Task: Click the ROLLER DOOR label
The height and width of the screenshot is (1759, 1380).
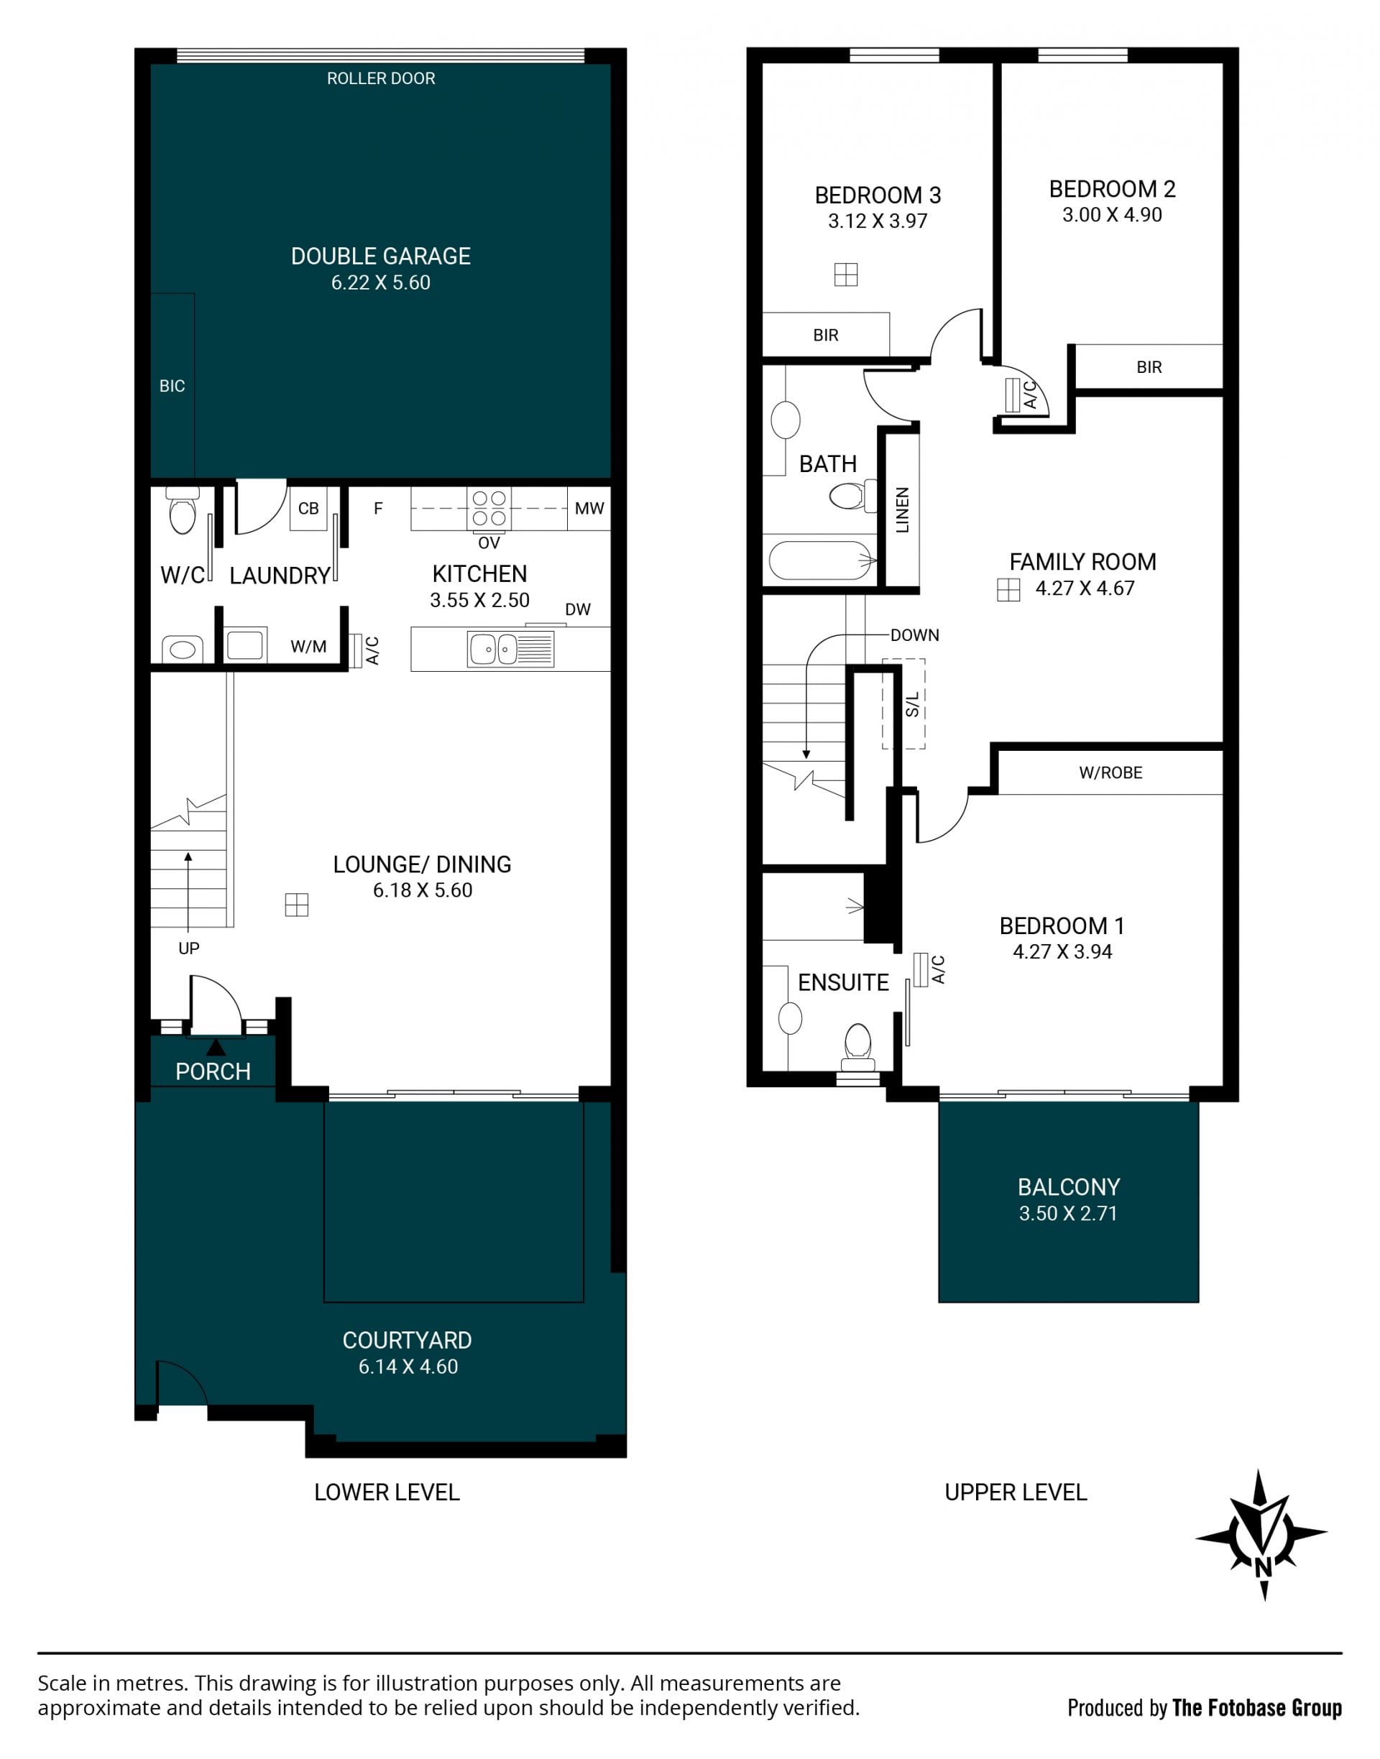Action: [380, 78]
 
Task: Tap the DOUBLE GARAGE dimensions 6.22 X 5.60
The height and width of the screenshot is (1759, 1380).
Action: [380, 282]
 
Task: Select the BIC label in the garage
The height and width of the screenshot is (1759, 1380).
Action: [172, 386]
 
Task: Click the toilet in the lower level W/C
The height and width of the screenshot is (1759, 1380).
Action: [183, 511]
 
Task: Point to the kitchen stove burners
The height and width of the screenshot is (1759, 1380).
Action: [489, 508]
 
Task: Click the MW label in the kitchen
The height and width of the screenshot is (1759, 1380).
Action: [589, 508]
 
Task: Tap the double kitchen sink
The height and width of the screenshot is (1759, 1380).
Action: [510, 650]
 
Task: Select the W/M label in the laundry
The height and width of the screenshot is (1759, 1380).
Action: [308, 646]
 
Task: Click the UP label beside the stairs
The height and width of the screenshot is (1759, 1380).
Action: [189, 948]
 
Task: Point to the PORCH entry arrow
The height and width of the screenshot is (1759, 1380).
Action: [216, 1048]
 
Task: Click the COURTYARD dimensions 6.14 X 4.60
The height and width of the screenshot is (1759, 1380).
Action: [408, 1367]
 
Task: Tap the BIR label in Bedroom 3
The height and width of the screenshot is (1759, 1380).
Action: [826, 335]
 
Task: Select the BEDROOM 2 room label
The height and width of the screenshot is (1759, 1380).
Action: [1112, 189]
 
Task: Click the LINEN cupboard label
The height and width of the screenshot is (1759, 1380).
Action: [903, 509]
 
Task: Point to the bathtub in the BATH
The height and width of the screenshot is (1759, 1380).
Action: [822, 560]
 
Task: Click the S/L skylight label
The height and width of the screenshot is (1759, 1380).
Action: [912, 704]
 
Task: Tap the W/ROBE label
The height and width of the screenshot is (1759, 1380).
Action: [1111, 773]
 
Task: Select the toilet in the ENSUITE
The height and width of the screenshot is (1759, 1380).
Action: [857, 1047]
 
